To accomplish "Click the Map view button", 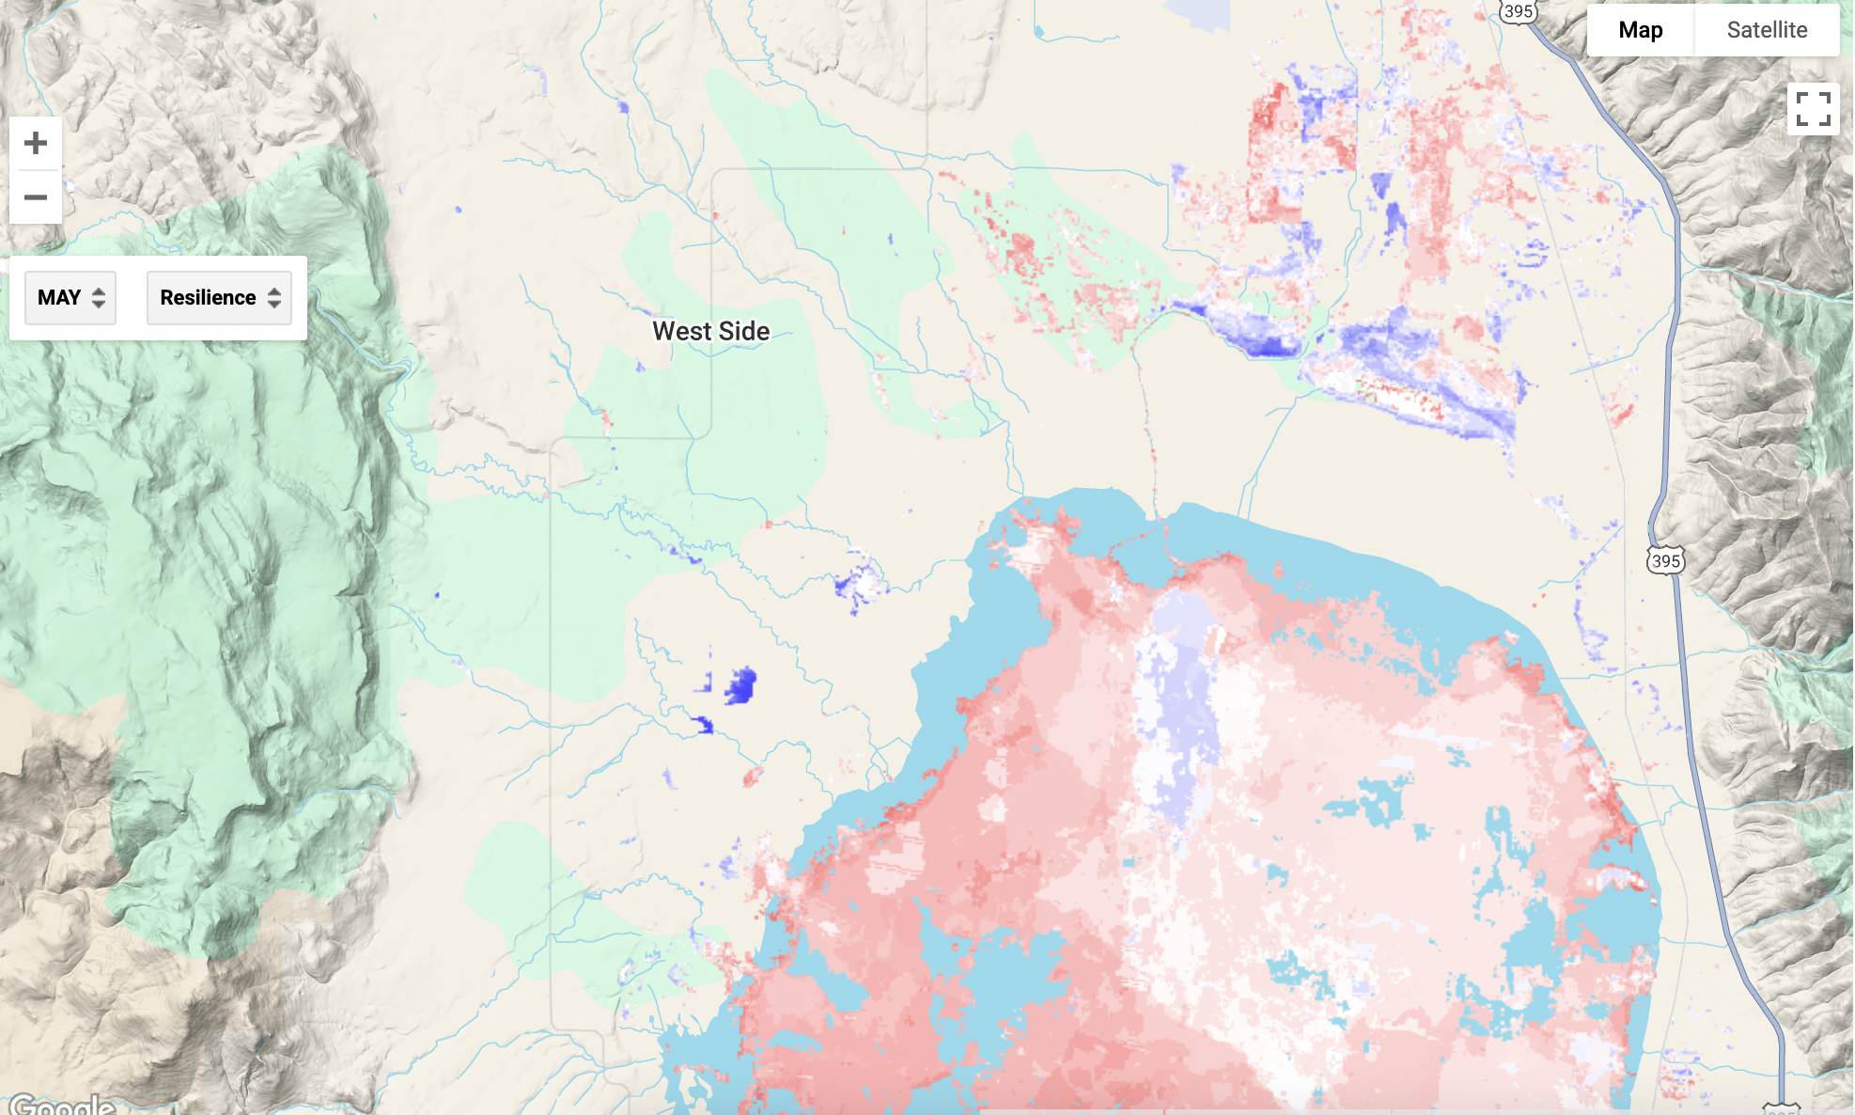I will click(x=1640, y=30).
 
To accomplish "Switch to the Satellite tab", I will click(x=1767, y=30).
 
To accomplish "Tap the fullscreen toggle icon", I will click(x=1813, y=109).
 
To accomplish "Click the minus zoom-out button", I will click(x=36, y=197).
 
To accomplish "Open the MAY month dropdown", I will click(x=70, y=298).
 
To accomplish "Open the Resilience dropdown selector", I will click(x=219, y=298).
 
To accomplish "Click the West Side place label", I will click(x=710, y=331).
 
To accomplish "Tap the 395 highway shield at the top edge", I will click(x=1518, y=11).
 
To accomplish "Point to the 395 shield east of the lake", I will click(x=1665, y=561).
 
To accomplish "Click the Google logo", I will click(x=62, y=1105).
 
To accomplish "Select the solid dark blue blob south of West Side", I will click(x=740, y=685).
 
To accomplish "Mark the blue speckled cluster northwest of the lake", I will click(x=857, y=583).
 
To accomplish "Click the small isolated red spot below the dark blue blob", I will click(x=752, y=777).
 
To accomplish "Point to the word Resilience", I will click(x=208, y=298).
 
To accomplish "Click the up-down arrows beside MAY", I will click(x=99, y=298).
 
